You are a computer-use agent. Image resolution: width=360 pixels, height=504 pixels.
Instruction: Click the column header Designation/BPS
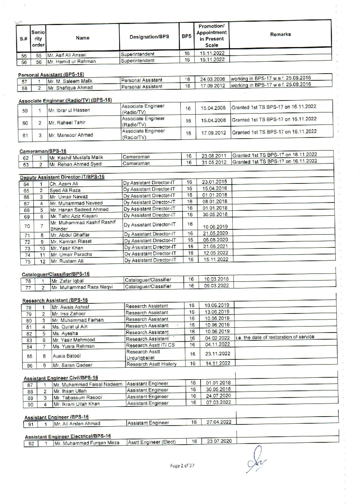149,37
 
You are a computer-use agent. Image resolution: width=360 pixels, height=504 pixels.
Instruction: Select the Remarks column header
280,34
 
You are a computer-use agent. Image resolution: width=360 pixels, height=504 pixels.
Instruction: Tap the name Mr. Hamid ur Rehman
71,62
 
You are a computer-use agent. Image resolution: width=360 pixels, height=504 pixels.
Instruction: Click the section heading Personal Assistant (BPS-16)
51,75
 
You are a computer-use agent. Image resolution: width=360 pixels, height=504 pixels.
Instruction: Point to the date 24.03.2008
212,79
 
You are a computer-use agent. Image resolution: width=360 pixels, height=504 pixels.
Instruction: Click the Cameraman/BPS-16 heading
43,151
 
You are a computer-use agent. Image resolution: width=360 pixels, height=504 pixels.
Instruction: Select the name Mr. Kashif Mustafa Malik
76,158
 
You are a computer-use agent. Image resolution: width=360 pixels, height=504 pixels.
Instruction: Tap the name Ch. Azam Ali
64,184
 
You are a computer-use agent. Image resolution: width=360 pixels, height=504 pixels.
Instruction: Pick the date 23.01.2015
214,182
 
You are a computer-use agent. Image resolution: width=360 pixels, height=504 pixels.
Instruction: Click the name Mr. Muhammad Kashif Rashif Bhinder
83,225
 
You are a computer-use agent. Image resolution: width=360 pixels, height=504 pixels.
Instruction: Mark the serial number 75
28,262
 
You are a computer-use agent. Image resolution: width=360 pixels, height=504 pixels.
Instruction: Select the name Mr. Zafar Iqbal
68,281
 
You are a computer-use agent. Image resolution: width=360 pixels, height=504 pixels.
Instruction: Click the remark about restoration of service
275,337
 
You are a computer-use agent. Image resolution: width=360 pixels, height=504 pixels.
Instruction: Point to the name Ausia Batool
66,356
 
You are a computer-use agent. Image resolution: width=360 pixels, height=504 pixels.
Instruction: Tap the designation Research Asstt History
151,364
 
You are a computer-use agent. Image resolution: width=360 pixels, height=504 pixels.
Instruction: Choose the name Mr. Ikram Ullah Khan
77,404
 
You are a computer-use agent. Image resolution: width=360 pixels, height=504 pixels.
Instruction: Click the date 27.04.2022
219,422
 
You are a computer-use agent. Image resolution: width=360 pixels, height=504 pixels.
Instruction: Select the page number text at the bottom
182,466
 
